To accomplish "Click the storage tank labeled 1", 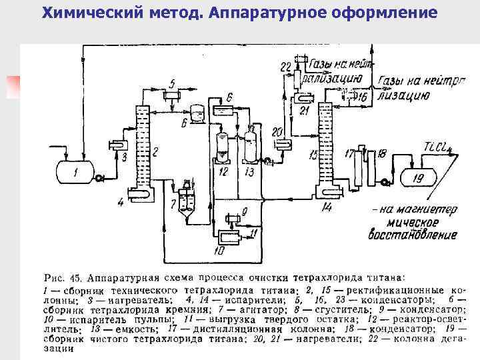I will point(75,172).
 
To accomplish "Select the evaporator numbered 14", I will point(326,193).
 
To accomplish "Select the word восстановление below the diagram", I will point(413,235).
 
